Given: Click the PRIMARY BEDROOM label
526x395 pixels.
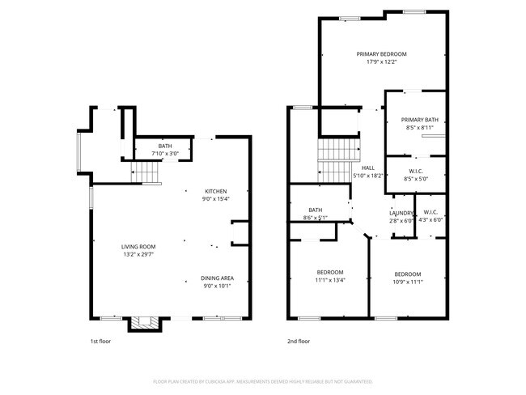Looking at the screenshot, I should click(381, 54).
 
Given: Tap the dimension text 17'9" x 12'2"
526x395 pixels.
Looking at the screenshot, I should click(381, 62).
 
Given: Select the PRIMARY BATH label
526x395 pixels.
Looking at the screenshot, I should click(418, 120).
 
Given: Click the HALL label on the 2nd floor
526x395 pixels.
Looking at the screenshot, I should click(367, 168).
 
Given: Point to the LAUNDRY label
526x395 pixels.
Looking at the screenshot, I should click(401, 213).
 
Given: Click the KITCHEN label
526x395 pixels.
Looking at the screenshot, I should click(215, 191).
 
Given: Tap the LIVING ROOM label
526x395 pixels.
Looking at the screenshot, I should click(138, 246).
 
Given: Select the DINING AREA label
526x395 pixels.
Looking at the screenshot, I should click(217, 278).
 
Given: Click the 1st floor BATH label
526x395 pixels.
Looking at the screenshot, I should click(165, 146).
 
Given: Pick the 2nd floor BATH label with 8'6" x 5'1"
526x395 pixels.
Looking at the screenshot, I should click(315, 210).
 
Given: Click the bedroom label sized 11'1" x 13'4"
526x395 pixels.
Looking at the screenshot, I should click(329, 272).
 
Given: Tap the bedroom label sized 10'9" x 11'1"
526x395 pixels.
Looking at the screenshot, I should click(407, 274).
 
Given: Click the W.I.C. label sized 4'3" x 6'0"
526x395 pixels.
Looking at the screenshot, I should click(431, 213).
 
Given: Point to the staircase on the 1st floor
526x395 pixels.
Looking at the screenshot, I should click(146, 172).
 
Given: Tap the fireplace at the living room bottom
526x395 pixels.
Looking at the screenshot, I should click(146, 323).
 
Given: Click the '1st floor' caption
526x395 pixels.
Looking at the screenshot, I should click(100, 342).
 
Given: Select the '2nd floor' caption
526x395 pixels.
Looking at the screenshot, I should click(299, 342).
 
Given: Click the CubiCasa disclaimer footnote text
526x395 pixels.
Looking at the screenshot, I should click(263, 381).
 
